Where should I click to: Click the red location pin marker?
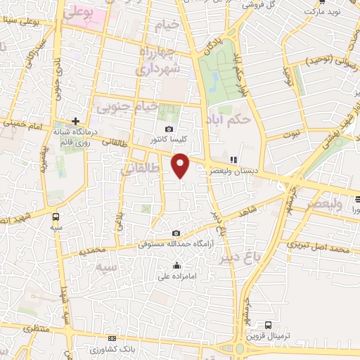[x=181, y=165]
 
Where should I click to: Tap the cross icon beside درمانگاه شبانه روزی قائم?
[x=76, y=121]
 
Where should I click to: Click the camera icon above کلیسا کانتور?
[x=169, y=129]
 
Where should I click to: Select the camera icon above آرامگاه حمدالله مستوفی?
[x=176, y=233]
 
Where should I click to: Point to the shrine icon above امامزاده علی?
[x=176, y=266]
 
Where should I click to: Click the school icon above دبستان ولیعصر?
[x=233, y=160]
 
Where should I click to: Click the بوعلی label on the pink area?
[x=77, y=13]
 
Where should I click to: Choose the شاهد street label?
[x=248, y=210]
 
